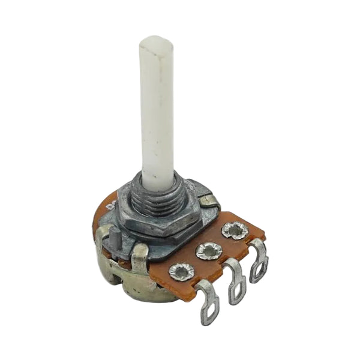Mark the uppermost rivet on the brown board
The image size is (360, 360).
tap(233, 230)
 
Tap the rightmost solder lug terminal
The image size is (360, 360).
tap(259, 261)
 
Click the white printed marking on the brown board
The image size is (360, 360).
tap(111, 206)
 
